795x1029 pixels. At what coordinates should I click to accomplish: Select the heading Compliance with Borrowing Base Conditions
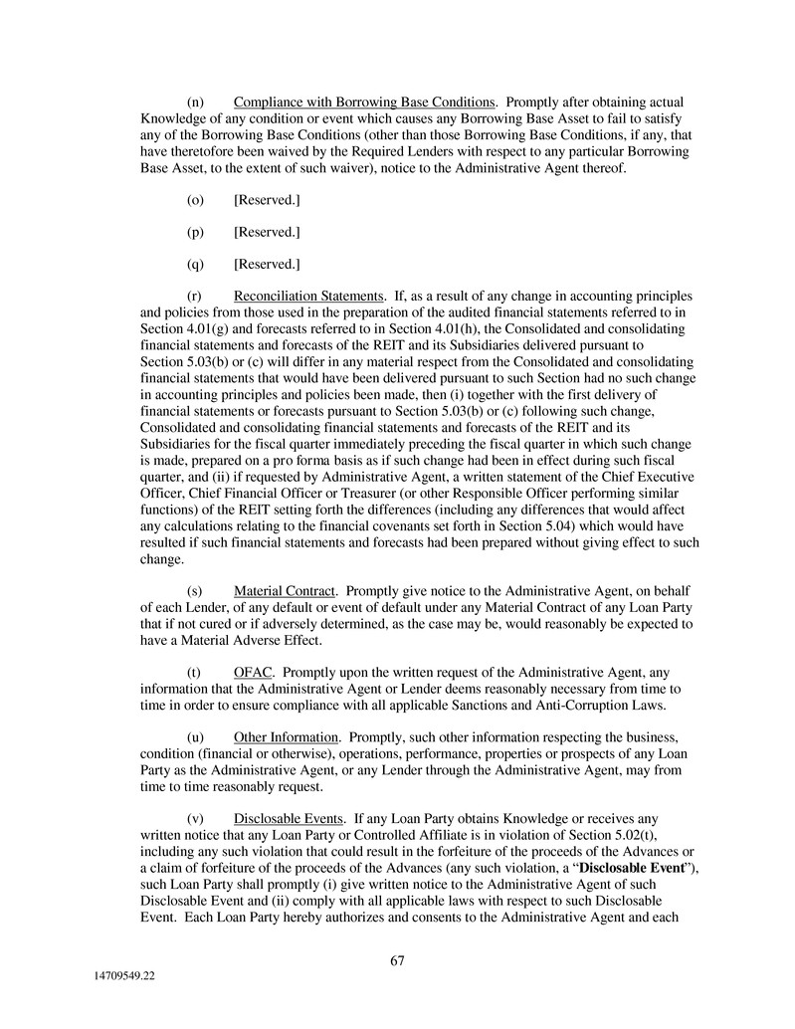point(364,103)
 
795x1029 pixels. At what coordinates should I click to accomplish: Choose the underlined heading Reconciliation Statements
point(309,297)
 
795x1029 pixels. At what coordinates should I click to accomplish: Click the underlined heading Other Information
point(286,736)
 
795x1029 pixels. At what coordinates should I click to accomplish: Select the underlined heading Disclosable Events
point(289,817)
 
